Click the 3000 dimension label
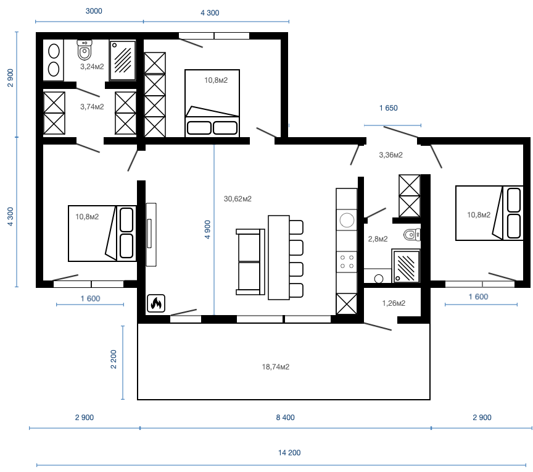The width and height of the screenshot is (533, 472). coord(94,11)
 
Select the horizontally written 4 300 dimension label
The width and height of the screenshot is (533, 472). coord(210,13)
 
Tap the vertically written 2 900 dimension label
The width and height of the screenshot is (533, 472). coord(10,78)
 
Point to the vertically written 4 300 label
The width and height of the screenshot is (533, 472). coord(10,217)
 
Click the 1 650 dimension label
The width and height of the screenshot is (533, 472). coord(388,108)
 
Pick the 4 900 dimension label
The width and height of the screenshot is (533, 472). coord(207,229)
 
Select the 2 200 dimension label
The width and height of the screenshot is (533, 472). coord(114,360)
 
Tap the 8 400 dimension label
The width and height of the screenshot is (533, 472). coord(285,418)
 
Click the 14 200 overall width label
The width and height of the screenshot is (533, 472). coord(289,453)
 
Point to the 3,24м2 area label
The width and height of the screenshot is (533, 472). coord(92,66)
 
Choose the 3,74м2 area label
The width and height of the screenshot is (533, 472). coord(92,107)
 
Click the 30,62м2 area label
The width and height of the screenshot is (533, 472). coord(238,199)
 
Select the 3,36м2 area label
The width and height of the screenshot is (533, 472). coord(390,154)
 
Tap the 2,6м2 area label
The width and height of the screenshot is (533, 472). coord(378,239)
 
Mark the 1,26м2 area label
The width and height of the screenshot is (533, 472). coord(394,303)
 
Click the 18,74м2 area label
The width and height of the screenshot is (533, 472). coord(276,367)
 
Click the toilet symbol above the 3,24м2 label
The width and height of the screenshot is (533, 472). coord(84,49)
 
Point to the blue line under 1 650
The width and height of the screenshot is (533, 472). coord(392,125)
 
